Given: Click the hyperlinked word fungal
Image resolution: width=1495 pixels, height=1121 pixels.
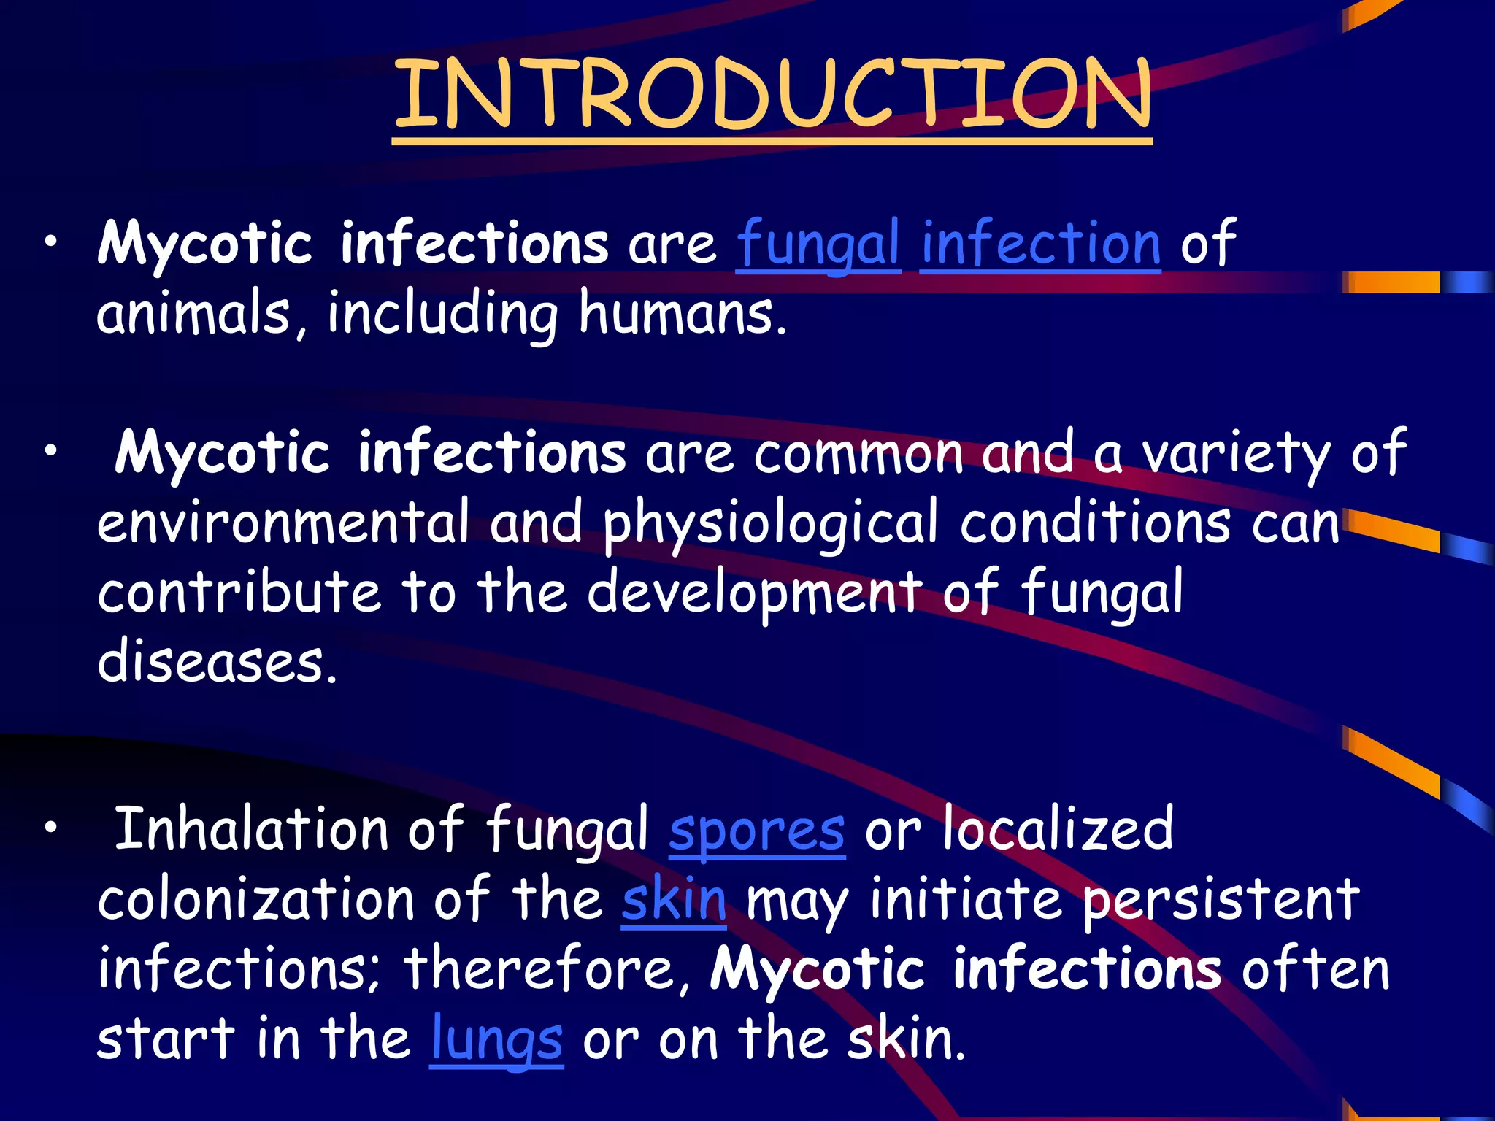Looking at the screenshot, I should point(818,244).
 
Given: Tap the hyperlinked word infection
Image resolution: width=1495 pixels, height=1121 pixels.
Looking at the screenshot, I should point(1039,244).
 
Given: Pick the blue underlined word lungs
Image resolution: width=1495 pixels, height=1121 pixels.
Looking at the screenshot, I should point(496,1040).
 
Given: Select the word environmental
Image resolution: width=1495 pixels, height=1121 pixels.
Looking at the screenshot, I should point(283,523).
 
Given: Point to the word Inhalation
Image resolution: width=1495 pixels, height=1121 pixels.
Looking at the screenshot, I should point(250,829).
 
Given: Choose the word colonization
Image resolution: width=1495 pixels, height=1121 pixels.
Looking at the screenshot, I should point(255,899).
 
